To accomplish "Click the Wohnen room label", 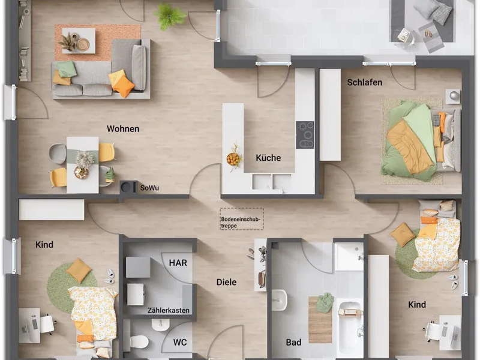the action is coord(123,128).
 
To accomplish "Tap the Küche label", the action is coord(268,158).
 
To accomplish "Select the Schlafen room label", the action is coord(365,82).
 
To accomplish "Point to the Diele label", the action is coord(226,282).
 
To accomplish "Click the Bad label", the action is coord(293,342).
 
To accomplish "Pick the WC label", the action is coord(179,342).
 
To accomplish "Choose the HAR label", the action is coord(178,263).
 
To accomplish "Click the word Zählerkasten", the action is coord(169,310).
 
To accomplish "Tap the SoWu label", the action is coord(149,188).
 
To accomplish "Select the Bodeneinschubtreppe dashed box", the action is coord(242,219).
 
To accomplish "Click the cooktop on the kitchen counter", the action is coord(305,135).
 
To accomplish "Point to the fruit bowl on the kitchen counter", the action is coord(233,159).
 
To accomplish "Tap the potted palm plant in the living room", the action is coord(169,16).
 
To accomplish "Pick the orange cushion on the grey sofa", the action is coord(124,86).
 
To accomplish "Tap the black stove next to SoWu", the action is coord(128,187).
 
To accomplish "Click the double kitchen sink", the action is coord(272,182).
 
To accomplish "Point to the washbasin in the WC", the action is coord(160,325).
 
